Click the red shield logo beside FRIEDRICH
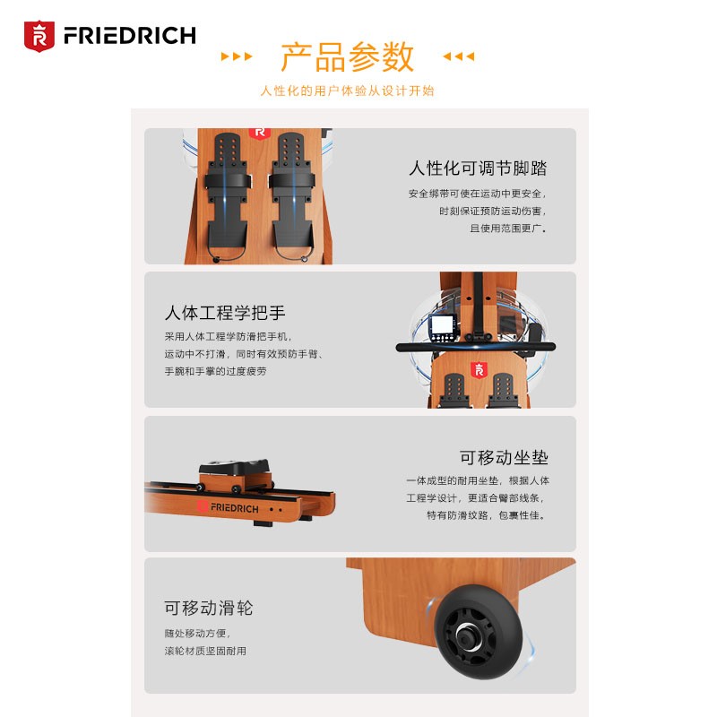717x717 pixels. (x=39, y=36)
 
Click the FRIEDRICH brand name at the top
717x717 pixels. (x=130, y=36)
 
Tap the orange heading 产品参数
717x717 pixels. (x=348, y=56)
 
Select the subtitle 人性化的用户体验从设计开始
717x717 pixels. (x=347, y=91)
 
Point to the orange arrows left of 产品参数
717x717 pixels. (x=237, y=56)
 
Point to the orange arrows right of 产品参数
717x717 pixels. (x=459, y=56)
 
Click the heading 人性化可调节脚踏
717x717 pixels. (x=478, y=168)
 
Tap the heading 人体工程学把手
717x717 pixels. (x=225, y=313)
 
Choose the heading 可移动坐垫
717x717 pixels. (x=504, y=457)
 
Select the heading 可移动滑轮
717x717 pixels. (x=209, y=608)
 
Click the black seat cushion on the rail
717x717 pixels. (x=234, y=467)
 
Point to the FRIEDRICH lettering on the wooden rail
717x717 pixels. (x=234, y=507)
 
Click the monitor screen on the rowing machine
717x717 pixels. (x=442, y=324)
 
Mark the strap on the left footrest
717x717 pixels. (x=228, y=181)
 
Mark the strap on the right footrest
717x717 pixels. (x=291, y=181)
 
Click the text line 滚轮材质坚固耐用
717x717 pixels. (x=205, y=651)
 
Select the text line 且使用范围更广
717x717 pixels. (x=508, y=229)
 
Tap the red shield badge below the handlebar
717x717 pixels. (x=479, y=370)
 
